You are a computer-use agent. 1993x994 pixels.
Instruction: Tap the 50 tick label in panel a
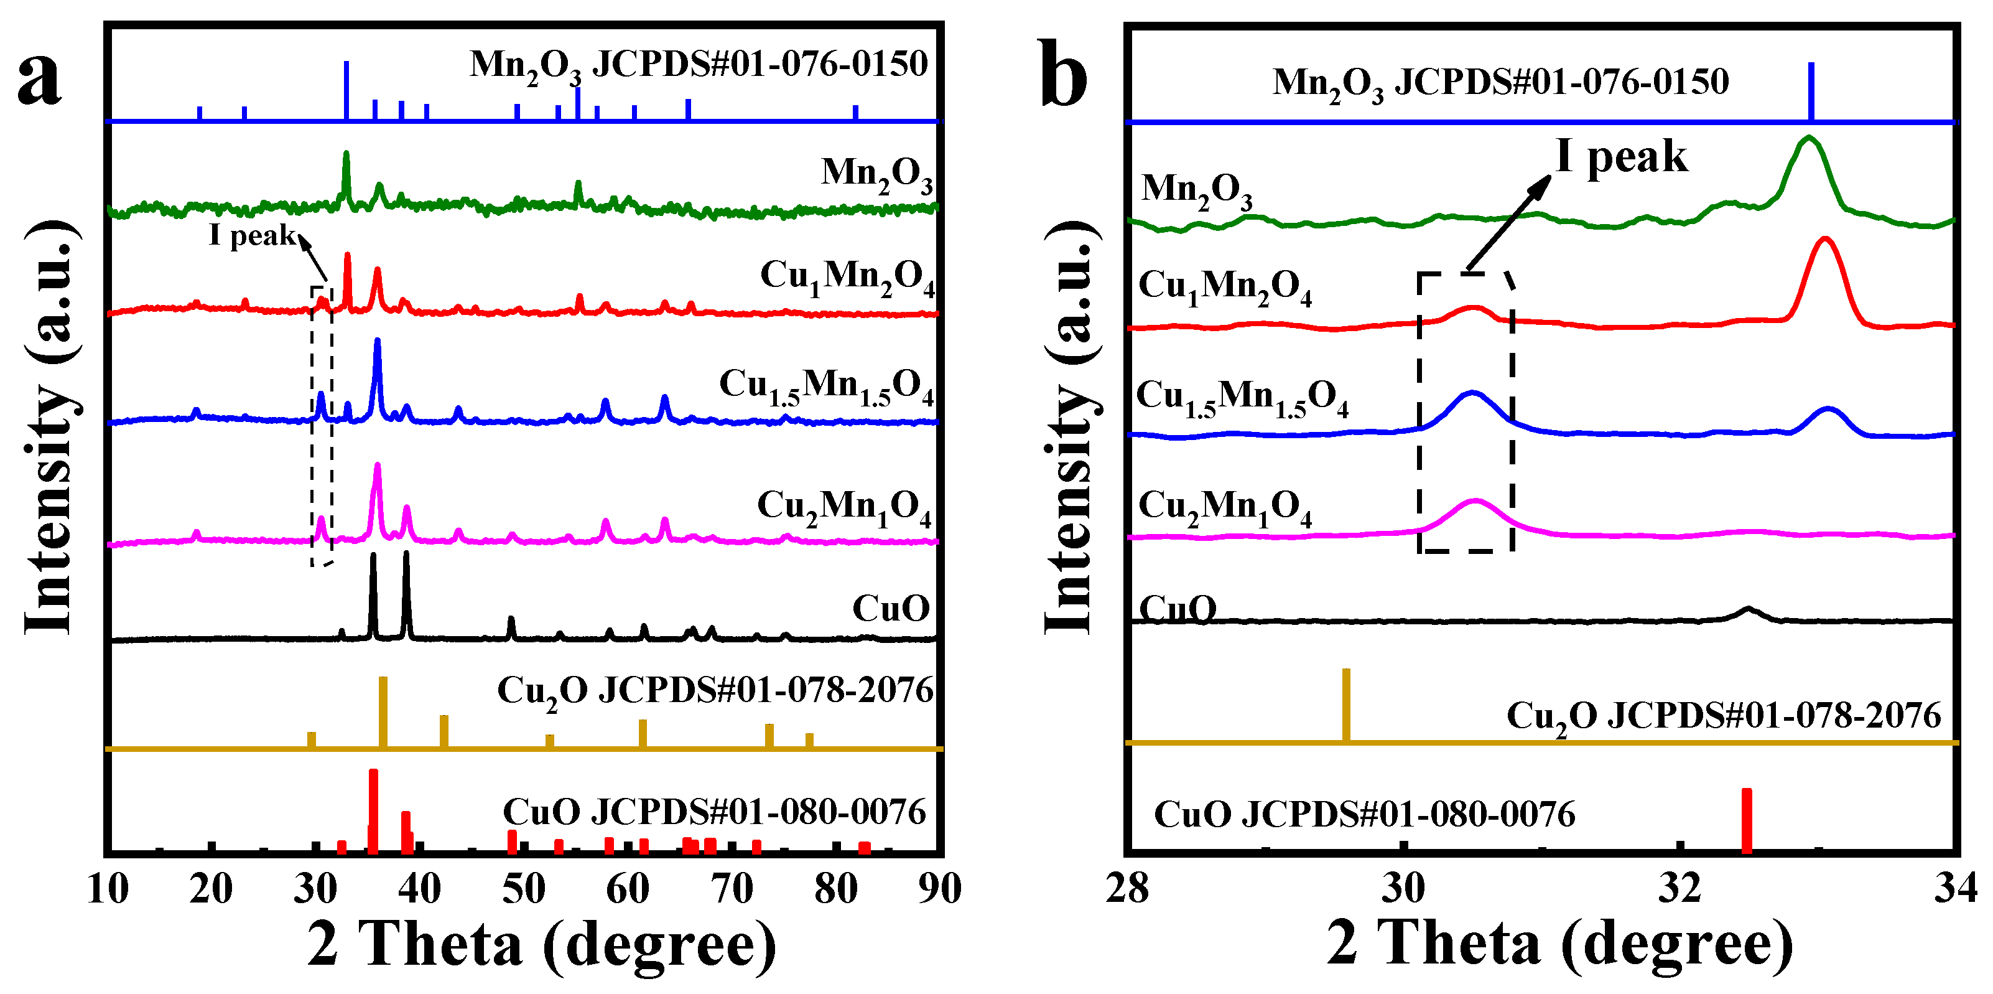(524, 889)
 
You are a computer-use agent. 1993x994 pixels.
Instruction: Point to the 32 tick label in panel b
(1679, 889)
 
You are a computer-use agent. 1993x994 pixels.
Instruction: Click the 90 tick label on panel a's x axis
(939, 889)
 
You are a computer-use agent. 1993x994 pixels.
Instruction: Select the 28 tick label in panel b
(1127, 889)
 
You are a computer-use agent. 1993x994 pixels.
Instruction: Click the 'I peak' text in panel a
(252, 235)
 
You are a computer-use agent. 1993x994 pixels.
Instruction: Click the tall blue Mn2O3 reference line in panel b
(1810, 91)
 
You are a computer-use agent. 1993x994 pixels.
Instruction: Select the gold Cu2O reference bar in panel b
(1346, 704)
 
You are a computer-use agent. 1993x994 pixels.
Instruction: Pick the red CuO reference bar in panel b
(1746, 820)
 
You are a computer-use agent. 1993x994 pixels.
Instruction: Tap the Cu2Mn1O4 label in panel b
(1224, 508)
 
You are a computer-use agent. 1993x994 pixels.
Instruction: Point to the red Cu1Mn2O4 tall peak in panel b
(1825, 241)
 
